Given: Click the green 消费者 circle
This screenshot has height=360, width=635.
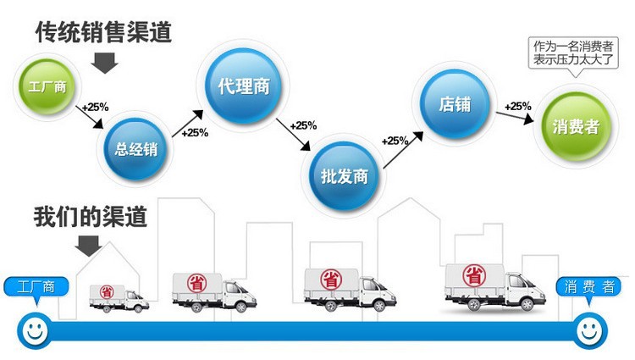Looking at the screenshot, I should click(576, 126).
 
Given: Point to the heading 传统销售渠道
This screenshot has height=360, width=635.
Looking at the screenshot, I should click(102, 32).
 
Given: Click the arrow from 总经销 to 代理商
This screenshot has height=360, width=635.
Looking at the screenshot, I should click(189, 122).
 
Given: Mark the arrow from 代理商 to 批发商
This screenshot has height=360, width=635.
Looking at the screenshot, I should click(297, 141).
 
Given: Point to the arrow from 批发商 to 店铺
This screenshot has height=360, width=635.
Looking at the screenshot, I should click(402, 152).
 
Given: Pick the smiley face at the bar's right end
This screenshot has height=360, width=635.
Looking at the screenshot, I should click(592, 328).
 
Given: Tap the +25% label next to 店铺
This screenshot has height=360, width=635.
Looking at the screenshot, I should click(517, 106).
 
